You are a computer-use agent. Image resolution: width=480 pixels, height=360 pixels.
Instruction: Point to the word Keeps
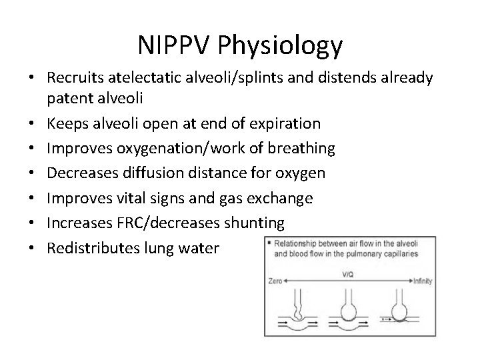[x=66, y=123]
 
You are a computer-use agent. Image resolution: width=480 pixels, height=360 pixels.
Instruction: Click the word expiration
[x=281, y=123]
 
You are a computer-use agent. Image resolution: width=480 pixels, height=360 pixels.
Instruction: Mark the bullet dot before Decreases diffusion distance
[x=32, y=173]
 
